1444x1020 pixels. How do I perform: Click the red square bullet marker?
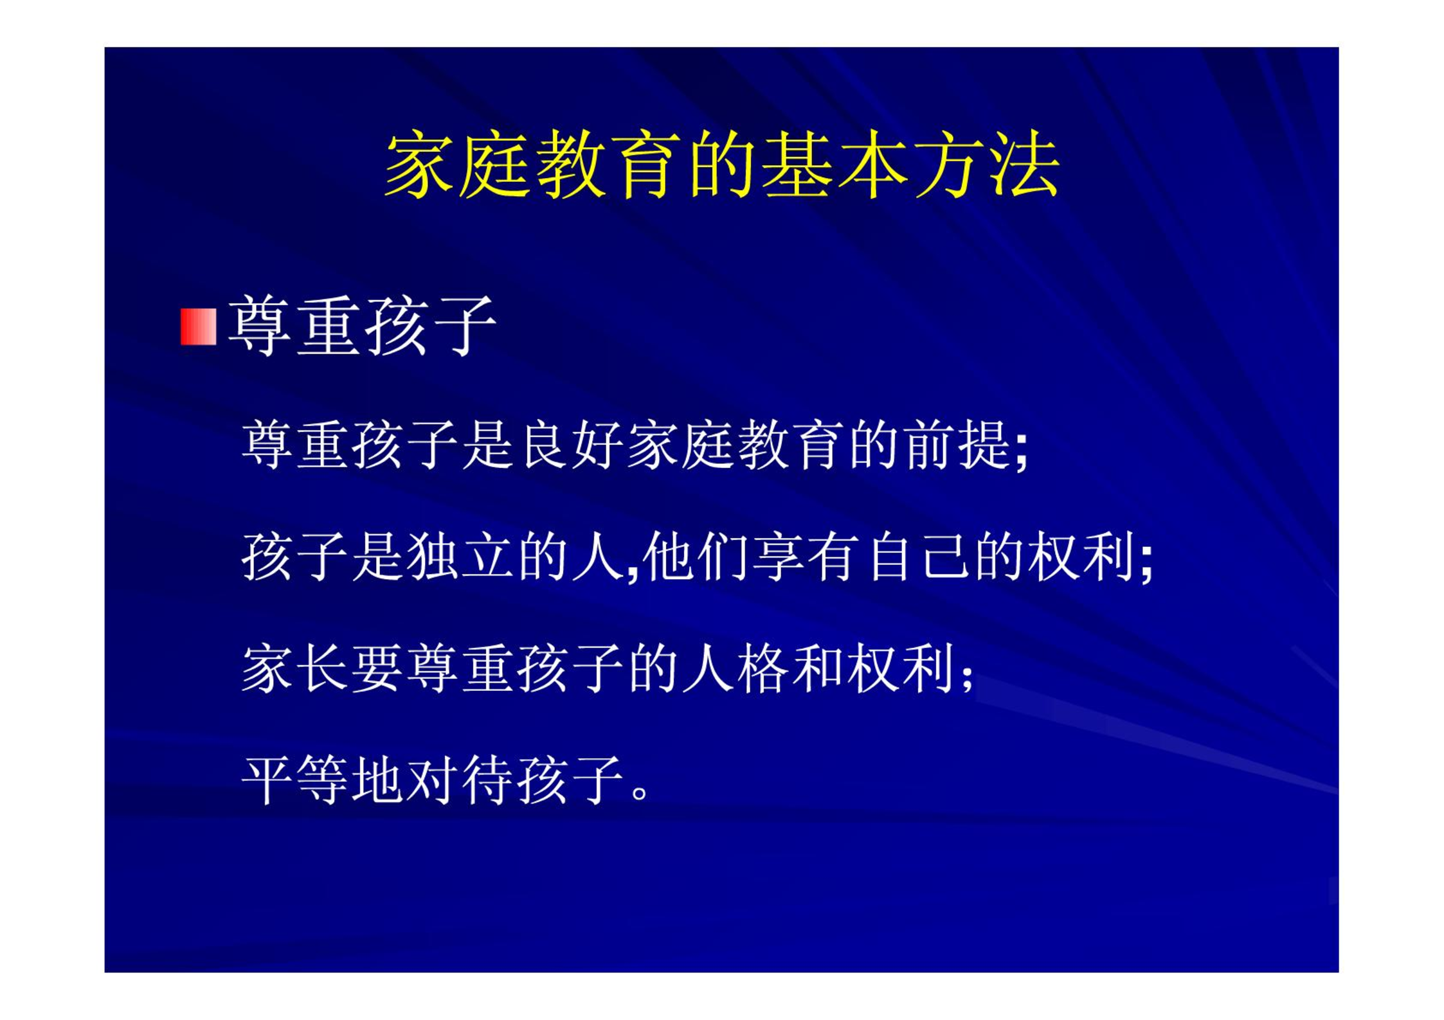198,327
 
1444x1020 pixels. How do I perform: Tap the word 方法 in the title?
986,164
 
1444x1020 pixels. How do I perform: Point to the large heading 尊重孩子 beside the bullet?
361,326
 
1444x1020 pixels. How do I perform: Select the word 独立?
460,557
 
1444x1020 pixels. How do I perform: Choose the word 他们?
694,557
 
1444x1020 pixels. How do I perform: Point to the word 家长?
295,668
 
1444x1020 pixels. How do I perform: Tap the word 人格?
736,668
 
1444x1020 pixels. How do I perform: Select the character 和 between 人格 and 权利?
818,668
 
